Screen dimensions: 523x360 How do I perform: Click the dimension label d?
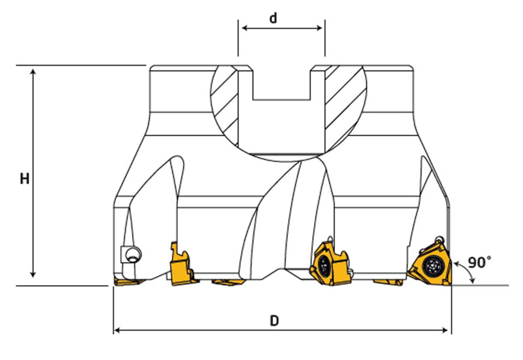coord(273,18)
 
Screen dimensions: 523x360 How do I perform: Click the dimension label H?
coord(24,179)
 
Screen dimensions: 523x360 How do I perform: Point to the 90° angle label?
coord(479,262)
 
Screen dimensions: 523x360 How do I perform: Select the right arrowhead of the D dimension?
coord(444,330)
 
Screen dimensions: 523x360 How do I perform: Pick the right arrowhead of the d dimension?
coord(318,28)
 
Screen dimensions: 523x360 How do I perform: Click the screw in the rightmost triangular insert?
coord(433,266)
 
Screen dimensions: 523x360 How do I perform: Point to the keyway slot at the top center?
coord(282,83)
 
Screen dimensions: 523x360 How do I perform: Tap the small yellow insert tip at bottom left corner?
coord(129,282)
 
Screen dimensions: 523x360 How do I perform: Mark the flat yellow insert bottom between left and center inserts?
coord(229,282)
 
